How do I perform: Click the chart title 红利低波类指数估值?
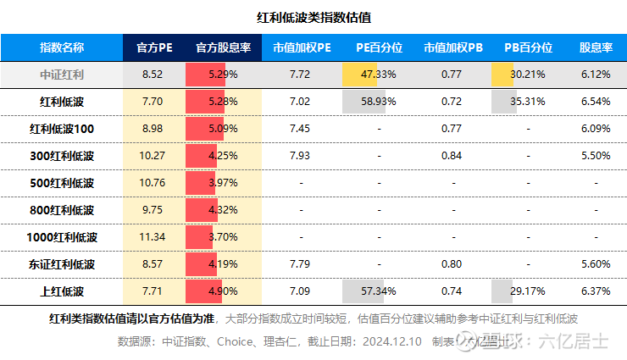click(313, 17)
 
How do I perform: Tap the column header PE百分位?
click(379, 47)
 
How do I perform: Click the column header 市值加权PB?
click(452, 47)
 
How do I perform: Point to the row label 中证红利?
click(62, 75)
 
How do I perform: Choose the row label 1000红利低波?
click(62, 237)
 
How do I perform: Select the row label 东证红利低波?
click(62, 264)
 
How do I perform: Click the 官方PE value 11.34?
click(153, 237)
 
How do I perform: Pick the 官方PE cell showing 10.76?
click(153, 183)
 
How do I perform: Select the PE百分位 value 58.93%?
click(379, 102)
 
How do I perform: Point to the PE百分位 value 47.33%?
click(379, 75)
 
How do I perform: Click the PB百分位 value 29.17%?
click(528, 291)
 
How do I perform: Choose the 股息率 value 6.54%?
click(596, 102)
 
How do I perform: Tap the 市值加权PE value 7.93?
click(300, 156)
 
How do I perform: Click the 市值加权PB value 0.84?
click(452, 156)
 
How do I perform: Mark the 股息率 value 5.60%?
click(596, 264)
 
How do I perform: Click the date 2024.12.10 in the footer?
click(393, 342)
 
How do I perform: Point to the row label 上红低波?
click(62, 291)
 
